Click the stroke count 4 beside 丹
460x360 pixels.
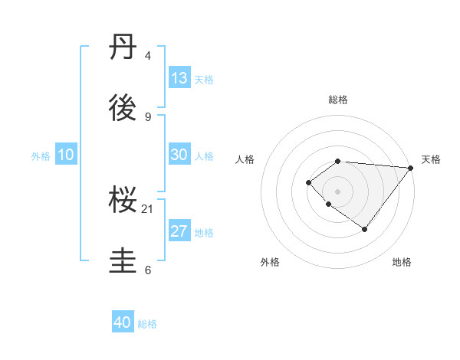(148, 56)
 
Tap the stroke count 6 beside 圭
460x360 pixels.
(148, 270)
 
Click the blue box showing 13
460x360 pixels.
(179, 78)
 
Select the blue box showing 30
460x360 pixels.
(179, 155)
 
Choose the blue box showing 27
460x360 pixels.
(179, 231)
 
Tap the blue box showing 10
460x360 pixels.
(66, 155)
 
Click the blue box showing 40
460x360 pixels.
(123, 322)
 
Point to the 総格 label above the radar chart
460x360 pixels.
(338, 100)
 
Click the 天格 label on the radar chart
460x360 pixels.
(431, 159)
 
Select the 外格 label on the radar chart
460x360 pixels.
(270, 262)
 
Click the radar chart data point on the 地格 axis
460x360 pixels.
(365, 229)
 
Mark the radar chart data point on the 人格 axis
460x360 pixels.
(308, 182)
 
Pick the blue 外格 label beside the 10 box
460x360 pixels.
(41, 155)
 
